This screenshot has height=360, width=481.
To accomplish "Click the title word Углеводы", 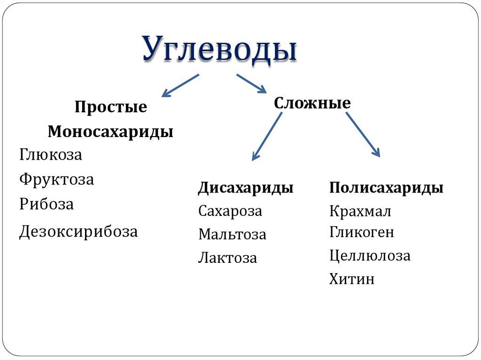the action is [220, 48].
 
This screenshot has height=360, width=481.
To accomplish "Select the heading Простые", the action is [110, 107].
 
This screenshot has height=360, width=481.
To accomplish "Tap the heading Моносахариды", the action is [110, 131].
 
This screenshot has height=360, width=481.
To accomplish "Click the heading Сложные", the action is [312, 102].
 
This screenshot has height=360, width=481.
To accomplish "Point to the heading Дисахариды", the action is [246, 188].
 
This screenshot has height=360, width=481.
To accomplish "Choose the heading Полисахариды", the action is [386, 188].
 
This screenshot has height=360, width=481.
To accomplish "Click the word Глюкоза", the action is [51, 155].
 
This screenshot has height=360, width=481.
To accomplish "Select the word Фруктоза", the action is [57, 179].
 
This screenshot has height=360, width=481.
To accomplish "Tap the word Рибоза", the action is [47, 204].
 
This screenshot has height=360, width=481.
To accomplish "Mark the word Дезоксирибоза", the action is [78, 231].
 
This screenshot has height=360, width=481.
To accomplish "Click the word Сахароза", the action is [230, 211].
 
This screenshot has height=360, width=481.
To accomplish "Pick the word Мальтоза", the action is [232, 234].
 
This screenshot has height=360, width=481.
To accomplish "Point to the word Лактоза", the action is [227, 258].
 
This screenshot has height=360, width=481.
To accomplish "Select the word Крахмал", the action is [360, 211].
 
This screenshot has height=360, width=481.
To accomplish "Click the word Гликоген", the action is [362, 232].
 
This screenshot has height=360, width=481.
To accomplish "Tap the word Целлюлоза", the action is [370, 256].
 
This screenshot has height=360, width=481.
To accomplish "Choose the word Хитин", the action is [352, 279].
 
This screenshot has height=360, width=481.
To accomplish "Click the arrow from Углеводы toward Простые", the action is [180, 85].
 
